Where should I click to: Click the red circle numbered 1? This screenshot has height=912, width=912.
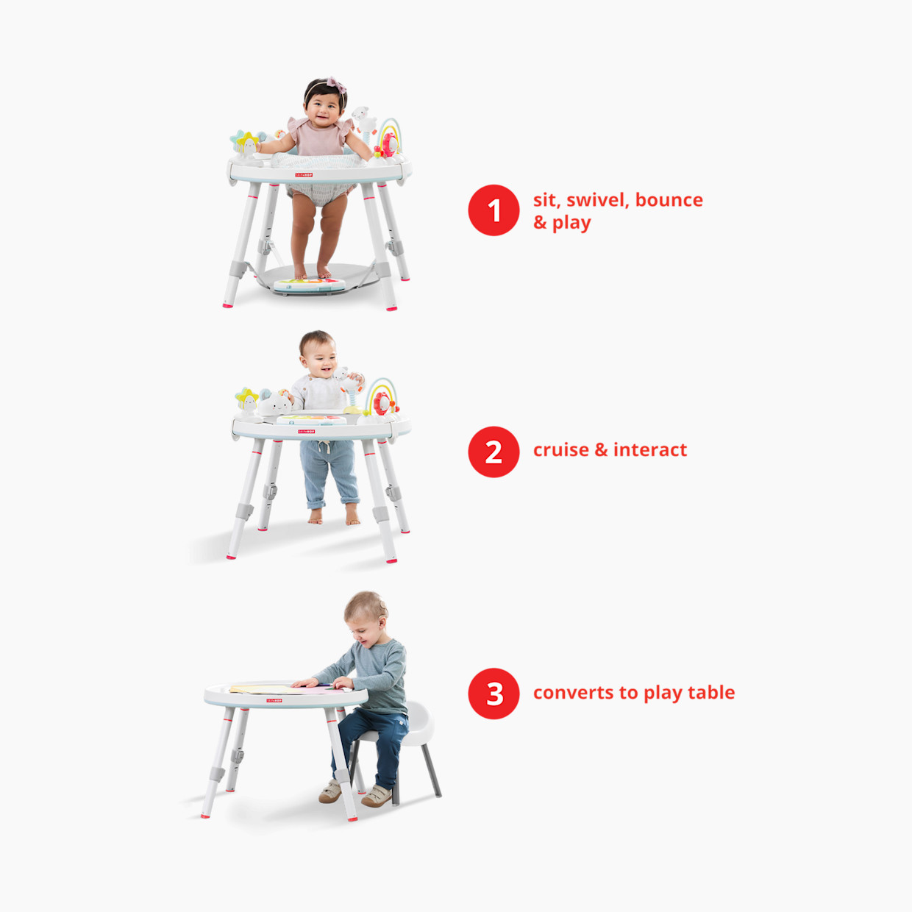pos(494,210)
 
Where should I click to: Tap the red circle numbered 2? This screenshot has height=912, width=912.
pos(494,452)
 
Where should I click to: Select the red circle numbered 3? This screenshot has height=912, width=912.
pos(494,694)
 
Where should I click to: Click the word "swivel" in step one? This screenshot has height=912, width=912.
pos(598,200)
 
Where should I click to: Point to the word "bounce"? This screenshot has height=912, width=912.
pos(669,200)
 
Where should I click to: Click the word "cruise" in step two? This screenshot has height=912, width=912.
pos(561,449)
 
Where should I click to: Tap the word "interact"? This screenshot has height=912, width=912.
pos(650,449)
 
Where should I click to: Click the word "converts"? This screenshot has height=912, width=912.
pos(574,693)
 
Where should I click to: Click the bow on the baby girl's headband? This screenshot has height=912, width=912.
pos(336,85)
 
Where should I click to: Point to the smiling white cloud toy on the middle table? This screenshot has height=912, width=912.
pos(275,404)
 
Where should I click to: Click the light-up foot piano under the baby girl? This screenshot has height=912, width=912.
pos(310,285)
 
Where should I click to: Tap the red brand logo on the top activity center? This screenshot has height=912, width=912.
pos(304,175)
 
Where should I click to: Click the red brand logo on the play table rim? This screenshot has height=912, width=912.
pos(274,700)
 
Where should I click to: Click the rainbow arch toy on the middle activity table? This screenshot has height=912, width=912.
pos(381,393)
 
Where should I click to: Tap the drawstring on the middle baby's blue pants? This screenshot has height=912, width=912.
pos(323,446)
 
